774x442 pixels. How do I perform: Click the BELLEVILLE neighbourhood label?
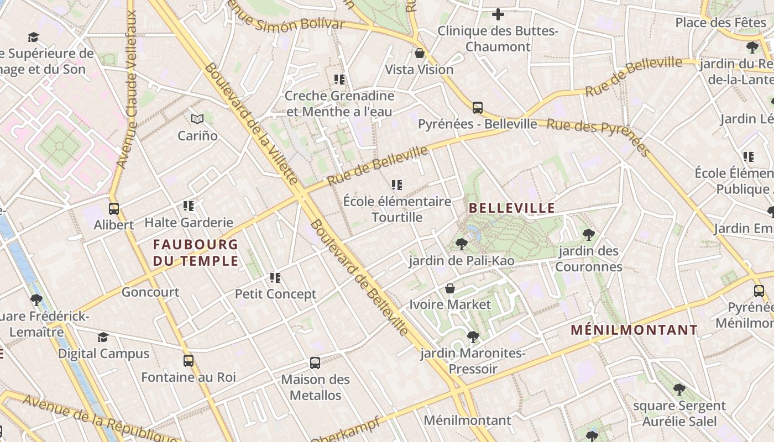tap(512, 208)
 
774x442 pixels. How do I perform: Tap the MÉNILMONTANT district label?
tap(634, 330)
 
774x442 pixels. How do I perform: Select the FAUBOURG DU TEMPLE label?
tap(196, 252)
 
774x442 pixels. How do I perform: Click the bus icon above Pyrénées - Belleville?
tap(477, 108)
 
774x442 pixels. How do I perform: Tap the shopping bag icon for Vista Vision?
tap(420, 54)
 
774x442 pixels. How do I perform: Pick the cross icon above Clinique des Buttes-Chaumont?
tap(498, 14)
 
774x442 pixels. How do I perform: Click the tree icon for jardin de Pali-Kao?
tap(461, 244)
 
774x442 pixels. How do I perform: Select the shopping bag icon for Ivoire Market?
tap(450, 288)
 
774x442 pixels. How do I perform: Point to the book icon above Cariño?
tap(197, 119)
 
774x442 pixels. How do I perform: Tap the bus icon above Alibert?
tap(114, 209)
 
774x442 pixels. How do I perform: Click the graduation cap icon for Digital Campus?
tap(103, 337)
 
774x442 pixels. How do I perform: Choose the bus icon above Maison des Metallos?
tap(315, 363)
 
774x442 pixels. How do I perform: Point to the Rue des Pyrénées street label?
tap(598, 138)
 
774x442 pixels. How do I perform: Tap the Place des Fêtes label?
tap(720, 23)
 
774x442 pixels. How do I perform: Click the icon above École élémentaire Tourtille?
tap(397, 185)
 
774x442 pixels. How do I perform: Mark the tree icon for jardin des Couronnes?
tap(589, 235)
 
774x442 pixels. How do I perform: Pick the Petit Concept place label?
tap(275, 294)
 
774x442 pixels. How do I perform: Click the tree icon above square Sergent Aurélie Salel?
tap(679, 390)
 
